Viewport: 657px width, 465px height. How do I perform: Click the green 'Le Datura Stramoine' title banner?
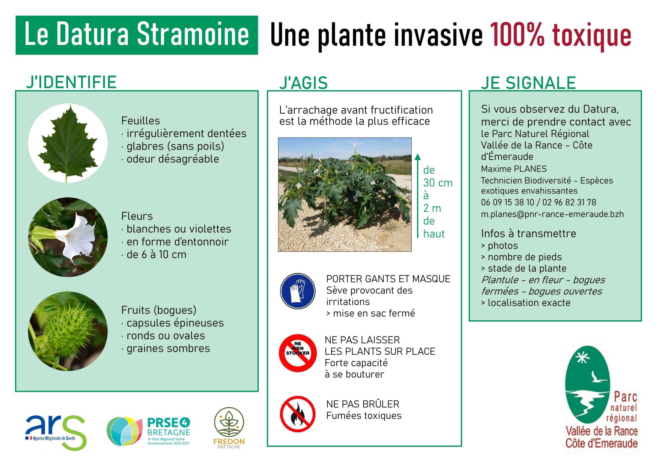137,35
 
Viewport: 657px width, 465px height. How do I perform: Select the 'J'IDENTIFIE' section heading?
71,82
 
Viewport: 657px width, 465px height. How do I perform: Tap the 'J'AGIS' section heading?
303,83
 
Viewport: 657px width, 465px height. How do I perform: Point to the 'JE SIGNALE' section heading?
528,83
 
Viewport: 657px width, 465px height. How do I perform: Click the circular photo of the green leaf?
68,143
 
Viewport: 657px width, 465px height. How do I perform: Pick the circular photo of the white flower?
68,237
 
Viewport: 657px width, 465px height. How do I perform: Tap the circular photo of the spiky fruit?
68,331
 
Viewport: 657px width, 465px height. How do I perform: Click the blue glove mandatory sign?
298,291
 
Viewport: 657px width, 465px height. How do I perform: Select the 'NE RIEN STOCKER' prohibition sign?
298,353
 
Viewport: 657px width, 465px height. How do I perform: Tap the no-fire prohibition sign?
298,414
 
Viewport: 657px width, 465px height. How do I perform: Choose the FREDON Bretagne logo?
229,428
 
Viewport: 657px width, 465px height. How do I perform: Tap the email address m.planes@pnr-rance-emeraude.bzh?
552,214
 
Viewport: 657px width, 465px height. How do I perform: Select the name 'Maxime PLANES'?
514,169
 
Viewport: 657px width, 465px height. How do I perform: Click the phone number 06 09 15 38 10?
507,202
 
